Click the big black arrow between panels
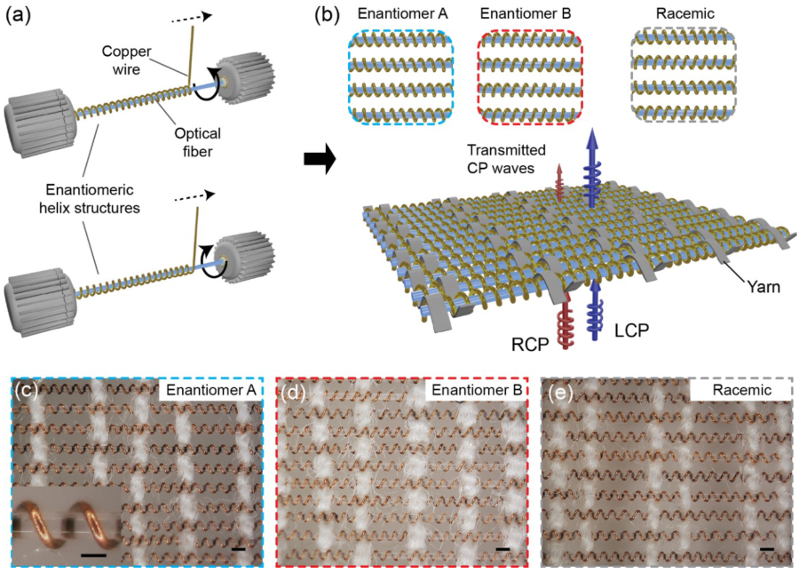coord(319,160)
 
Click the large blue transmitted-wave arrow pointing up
coord(594,169)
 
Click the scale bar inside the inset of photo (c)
coord(93,555)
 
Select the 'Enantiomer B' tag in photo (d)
coord(474,389)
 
